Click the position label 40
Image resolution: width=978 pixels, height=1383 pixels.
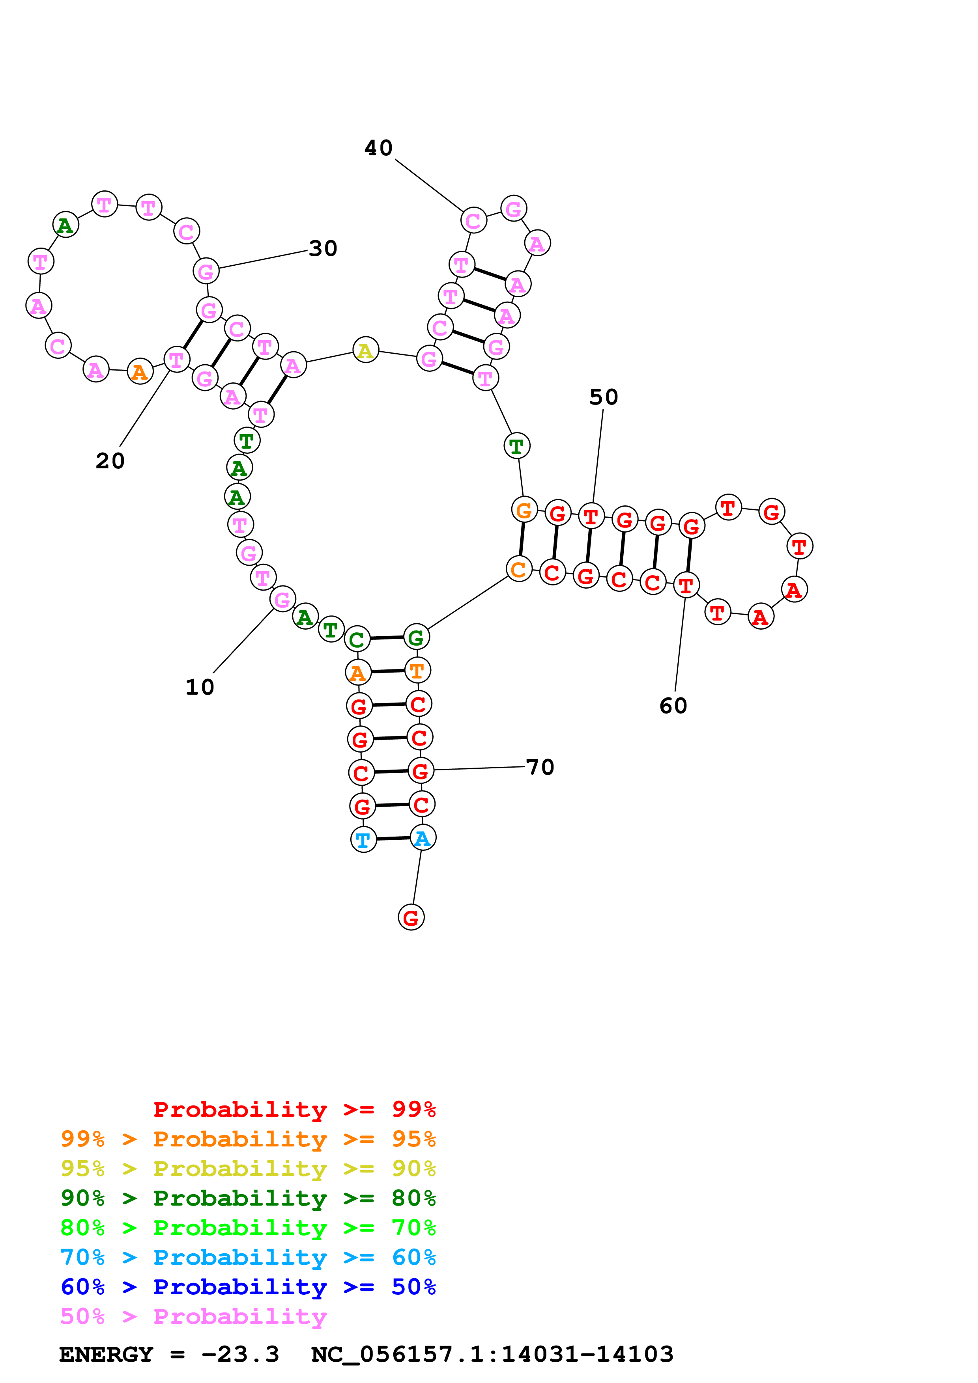point(378,148)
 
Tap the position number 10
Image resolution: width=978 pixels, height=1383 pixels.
point(200,687)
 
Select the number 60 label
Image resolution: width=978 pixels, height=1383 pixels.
point(673,706)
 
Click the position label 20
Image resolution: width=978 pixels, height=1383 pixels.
point(110,461)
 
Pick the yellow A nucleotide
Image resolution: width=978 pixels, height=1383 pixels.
point(365,350)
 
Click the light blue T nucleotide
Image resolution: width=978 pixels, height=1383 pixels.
point(363,840)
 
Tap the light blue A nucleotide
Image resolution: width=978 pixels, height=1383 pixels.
point(423,838)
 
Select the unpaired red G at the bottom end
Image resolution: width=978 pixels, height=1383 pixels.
point(411,917)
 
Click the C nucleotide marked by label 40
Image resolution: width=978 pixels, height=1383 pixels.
point(474,221)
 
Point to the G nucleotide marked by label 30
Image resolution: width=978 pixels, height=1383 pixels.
point(206,272)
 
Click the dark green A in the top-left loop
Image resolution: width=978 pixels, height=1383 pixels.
point(65,225)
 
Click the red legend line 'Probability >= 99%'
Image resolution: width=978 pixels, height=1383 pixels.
point(294,1109)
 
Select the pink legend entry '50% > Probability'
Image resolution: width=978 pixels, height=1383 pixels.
point(193,1317)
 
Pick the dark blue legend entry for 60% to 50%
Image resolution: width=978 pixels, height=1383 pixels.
point(248,1287)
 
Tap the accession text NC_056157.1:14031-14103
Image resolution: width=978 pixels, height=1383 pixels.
point(492,1355)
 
